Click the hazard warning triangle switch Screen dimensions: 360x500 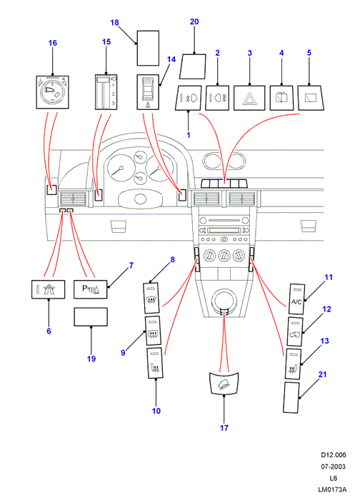[x=249, y=98]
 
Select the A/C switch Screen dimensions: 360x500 [x=296, y=299]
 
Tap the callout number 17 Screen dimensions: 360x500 [x=224, y=428]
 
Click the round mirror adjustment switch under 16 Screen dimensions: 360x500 [x=52, y=92]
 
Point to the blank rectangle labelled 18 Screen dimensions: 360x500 [x=148, y=48]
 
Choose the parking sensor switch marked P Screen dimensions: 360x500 [x=91, y=289]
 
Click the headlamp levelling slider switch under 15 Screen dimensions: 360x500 [x=106, y=92]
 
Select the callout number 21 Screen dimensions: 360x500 [x=322, y=374]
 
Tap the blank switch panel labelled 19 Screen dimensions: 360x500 [x=91, y=316]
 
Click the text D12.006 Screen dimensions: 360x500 [x=334, y=455]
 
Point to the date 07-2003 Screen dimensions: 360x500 [x=334, y=466]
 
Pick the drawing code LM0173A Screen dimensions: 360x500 [x=332, y=489]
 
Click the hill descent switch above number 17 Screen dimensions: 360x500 [x=224, y=384]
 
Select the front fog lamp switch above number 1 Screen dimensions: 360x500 [x=189, y=98]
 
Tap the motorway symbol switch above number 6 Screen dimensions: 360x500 [x=48, y=289]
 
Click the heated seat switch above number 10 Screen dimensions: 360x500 [x=155, y=363]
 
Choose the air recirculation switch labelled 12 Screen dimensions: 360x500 [x=295, y=331]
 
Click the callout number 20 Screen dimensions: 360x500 [x=194, y=21]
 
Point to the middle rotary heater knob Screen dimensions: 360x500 [x=224, y=256]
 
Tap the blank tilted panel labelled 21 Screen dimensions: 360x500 [x=291, y=398]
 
